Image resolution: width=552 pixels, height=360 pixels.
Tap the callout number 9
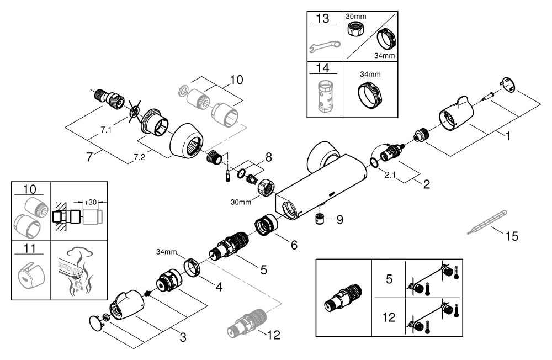tap(339, 219)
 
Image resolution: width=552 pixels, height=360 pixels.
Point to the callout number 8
tap(268, 157)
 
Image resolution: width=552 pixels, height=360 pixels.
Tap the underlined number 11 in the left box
tap(31, 249)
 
